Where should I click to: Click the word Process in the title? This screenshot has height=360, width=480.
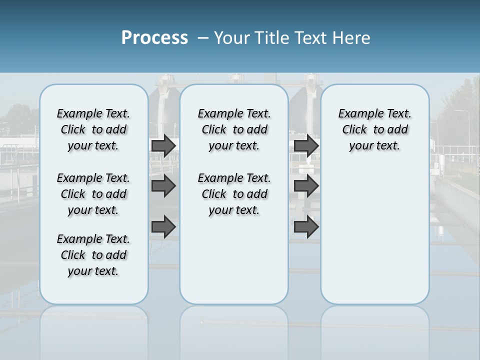[x=154, y=38]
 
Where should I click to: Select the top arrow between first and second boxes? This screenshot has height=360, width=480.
[x=163, y=145]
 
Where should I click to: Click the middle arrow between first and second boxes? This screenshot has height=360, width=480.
[x=163, y=186]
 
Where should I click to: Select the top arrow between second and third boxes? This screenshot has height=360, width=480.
[x=306, y=145]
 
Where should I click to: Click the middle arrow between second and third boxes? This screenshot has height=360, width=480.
[x=306, y=186]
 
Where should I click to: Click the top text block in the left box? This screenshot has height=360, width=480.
[x=93, y=129]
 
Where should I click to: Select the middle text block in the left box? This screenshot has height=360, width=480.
[x=93, y=194]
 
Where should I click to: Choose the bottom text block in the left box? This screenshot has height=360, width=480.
[x=93, y=255]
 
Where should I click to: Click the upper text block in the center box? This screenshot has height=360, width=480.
[x=234, y=129]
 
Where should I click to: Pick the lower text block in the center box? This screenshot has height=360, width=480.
[x=234, y=194]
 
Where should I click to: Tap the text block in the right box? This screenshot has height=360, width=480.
[x=374, y=129]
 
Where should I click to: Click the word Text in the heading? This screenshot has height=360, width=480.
[x=309, y=38]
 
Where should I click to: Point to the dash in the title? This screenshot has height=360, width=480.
[x=203, y=38]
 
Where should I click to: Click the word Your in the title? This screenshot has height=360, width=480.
[x=232, y=38]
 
